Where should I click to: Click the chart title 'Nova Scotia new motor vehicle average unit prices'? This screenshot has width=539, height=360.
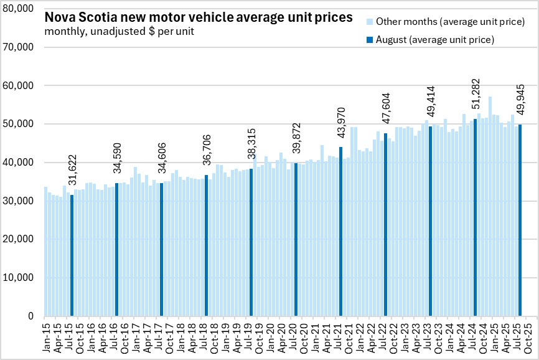pyautogui.click(x=197, y=17)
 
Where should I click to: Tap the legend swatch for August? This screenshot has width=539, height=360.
pyautogui.click(x=369, y=40)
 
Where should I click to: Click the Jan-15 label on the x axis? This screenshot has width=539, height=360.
pyautogui.click(x=45, y=336)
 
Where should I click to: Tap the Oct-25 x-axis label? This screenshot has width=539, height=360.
pyautogui.click(x=528, y=336)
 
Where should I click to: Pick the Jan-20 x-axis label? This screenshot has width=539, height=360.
pyautogui.click(x=269, y=336)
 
